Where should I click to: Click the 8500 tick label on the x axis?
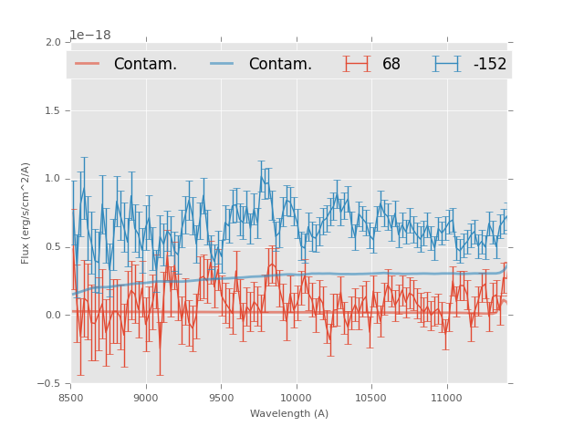pyautogui.click(x=70, y=398)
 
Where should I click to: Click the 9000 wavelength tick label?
pyautogui.click(x=146, y=398)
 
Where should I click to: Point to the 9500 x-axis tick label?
pyautogui.click(x=221, y=398)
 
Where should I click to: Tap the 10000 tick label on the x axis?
pyautogui.click(x=296, y=398)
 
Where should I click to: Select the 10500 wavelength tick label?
pyautogui.click(x=371, y=398)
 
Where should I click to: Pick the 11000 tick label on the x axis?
pyautogui.click(x=446, y=398)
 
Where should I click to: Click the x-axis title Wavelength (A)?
pyautogui.click(x=289, y=413)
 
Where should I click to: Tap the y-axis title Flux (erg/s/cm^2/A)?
pyautogui.click(x=26, y=213)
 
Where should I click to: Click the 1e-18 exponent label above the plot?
pyautogui.click(x=90, y=36)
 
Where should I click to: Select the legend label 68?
pyautogui.click(x=391, y=64)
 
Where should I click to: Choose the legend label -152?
pyautogui.click(x=489, y=64)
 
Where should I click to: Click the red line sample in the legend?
pyautogui.click(x=87, y=64)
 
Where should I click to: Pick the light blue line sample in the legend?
pyautogui.click(x=222, y=64)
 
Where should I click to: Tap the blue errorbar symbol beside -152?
pyautogui.click(x=446, y=64)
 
